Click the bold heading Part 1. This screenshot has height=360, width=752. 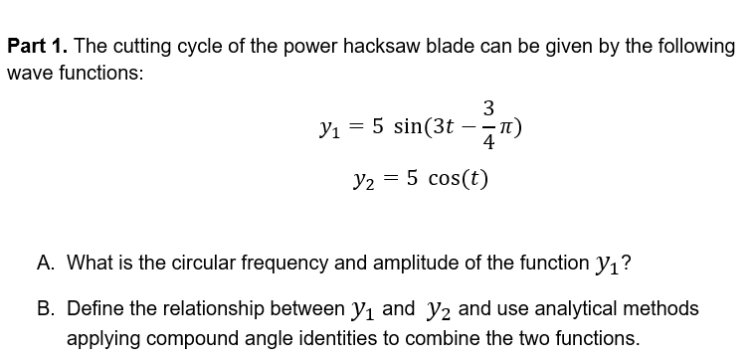pos(37,47)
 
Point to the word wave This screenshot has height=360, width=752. pos(30,74)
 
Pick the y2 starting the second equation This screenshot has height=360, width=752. pos(362,183)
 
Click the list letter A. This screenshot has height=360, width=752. pos(46,264)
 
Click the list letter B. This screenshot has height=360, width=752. pos(46,309)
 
